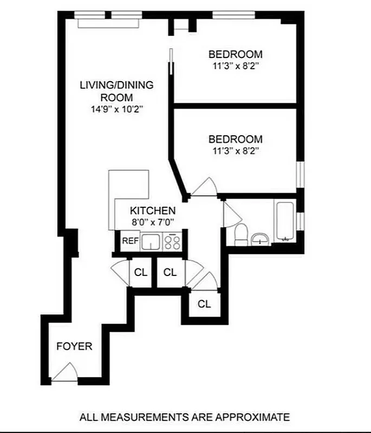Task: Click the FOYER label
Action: click(x=74, y=346)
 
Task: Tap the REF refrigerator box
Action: click(x=129, y=241)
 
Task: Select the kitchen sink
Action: click(x=151, y=241)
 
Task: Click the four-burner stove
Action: click(x=172, y=241)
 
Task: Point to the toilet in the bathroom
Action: click(x=241, y=234)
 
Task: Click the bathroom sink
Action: click(x=261, y=238)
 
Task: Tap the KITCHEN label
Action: click(x=152, y=211)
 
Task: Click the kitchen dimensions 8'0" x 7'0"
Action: click(x=152, y=221)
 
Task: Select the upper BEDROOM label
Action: click(x=235, y=54)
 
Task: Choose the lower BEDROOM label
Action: click(x=235, y=139)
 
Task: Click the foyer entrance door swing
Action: click(x=66, y=372)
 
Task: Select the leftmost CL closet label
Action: click(x=141, y=272)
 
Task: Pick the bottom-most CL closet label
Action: click(x=204, y=304)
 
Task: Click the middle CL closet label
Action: click(x=170, y=272)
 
